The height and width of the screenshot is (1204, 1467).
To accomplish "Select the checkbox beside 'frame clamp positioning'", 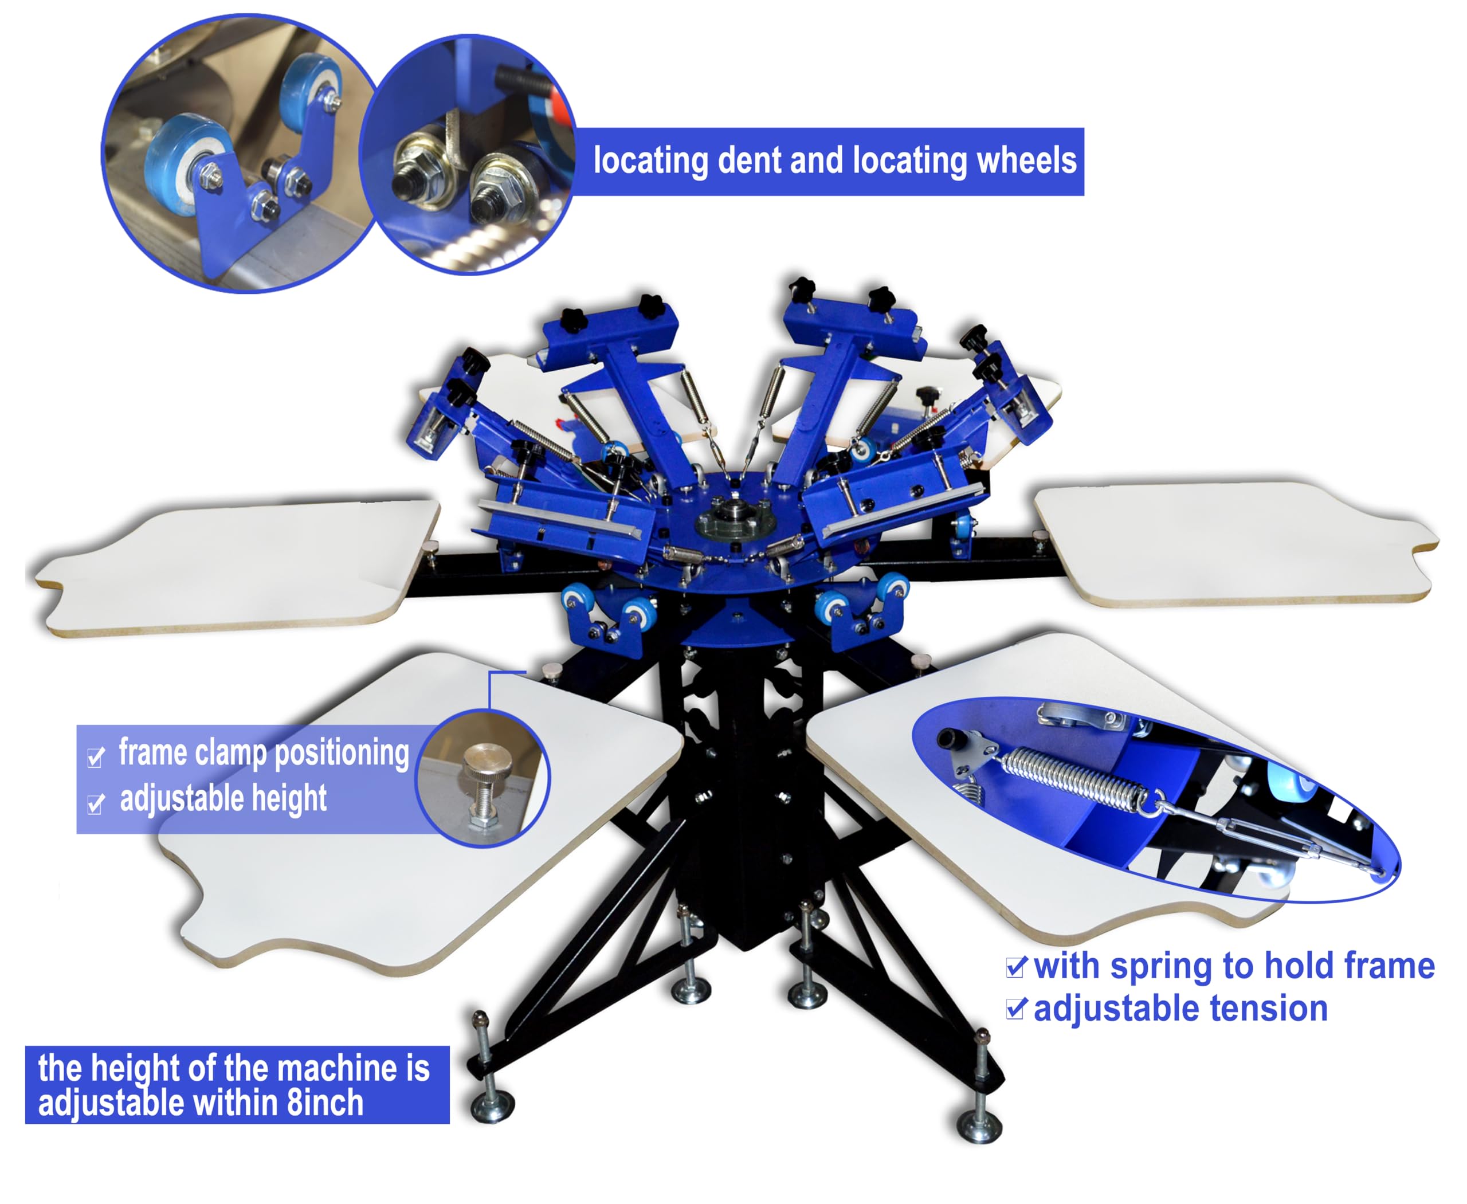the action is click(96, 756).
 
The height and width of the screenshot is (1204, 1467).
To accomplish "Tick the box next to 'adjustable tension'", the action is click(1016, 1009).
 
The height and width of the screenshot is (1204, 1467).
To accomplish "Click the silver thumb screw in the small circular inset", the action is click(488, 781).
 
